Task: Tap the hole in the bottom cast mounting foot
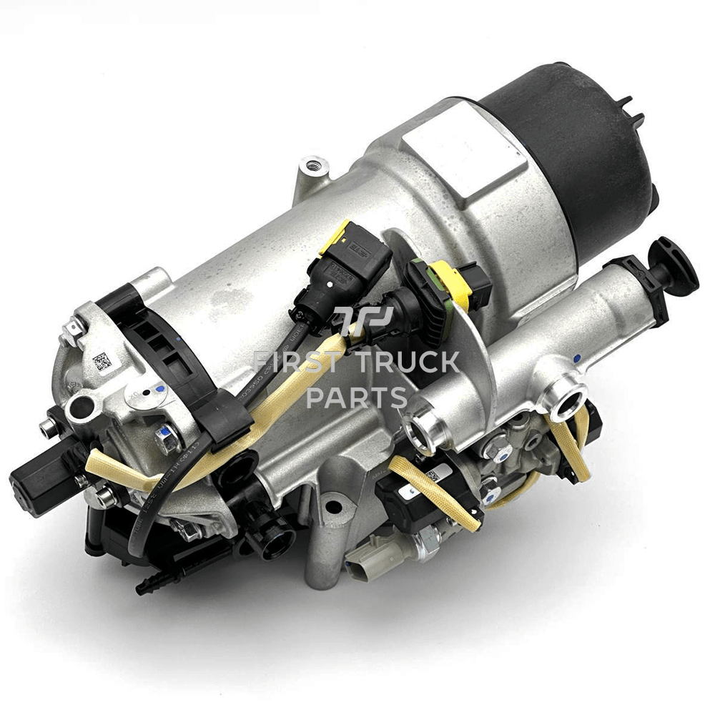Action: tap(331, 509)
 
